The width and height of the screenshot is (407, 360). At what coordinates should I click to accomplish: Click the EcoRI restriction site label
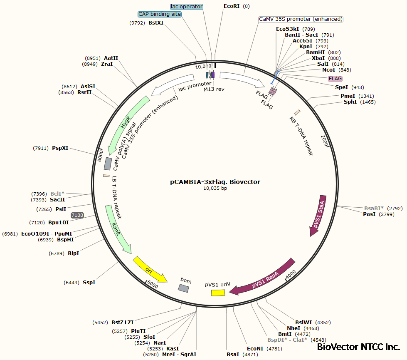coord(231,6)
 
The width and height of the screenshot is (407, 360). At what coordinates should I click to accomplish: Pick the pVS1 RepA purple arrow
coord(263,278)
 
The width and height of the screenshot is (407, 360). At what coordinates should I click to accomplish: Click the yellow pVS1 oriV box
coord(218,293)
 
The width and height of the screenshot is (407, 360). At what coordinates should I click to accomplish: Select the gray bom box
coord(184,288)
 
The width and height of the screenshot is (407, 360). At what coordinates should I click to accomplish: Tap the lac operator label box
coord(187,7)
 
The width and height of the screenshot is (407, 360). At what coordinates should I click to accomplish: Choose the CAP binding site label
coord(160,14)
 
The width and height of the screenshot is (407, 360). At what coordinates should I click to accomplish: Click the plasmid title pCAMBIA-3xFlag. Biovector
coord(215,181)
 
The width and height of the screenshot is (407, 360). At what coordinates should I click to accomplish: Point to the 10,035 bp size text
coord(215,188)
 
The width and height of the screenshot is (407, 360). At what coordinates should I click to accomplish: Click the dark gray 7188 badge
coord(77,215)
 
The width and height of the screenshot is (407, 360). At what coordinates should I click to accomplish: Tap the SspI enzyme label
coord(89,283)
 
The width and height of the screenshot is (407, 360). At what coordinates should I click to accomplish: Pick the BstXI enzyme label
coord(156,23)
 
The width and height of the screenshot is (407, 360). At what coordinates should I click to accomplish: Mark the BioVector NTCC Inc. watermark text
coord(358,347)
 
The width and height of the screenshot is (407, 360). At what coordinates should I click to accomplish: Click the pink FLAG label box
coord(335,79)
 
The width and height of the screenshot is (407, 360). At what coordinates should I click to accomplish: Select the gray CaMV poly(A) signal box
coord(107,164)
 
